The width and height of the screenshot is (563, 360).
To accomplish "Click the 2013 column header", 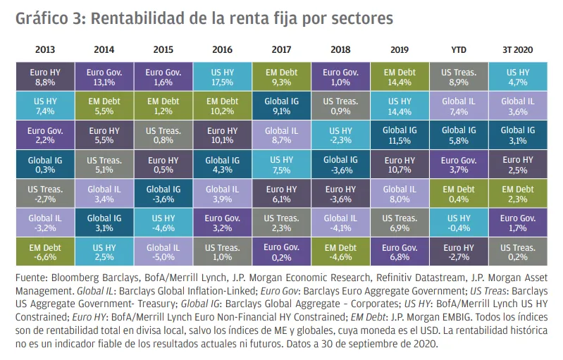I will point(44,50).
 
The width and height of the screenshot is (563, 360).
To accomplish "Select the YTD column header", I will point(458,50).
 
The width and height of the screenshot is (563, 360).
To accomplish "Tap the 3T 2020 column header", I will point(517,50).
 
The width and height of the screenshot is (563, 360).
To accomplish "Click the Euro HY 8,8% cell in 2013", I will point(44,76).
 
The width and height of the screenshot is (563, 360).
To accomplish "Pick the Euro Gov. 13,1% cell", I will point(104,76).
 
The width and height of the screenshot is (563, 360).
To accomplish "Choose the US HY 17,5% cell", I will point(222,76).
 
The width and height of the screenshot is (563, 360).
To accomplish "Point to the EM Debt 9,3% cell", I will point(281,76).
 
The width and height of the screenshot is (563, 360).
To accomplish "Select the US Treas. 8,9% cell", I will point(458,76).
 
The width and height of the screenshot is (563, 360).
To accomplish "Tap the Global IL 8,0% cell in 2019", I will point(400,194).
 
